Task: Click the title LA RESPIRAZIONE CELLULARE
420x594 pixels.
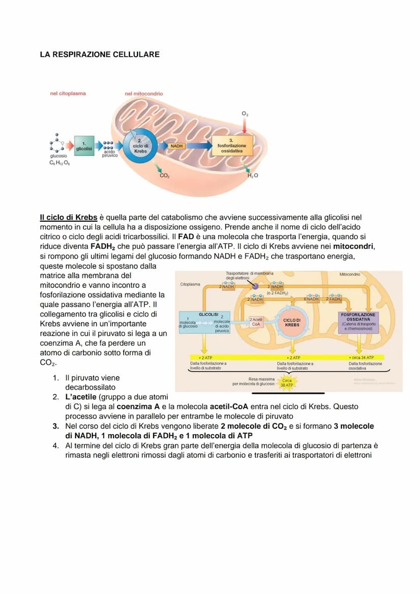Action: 99,54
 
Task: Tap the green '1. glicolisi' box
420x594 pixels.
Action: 84,146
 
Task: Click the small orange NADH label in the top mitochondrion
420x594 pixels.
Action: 177,146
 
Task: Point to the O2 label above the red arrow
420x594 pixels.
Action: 245,115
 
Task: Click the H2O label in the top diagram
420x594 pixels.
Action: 252,176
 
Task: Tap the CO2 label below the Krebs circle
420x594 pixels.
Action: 164,176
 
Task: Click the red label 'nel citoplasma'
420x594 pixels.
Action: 68,93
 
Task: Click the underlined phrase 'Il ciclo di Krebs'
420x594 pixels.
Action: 68,218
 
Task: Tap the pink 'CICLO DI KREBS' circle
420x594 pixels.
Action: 292,323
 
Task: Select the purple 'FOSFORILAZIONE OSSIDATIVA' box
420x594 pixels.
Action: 358,322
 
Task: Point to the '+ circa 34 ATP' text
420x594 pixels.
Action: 361,358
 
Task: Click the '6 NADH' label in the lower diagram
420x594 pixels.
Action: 311,299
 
